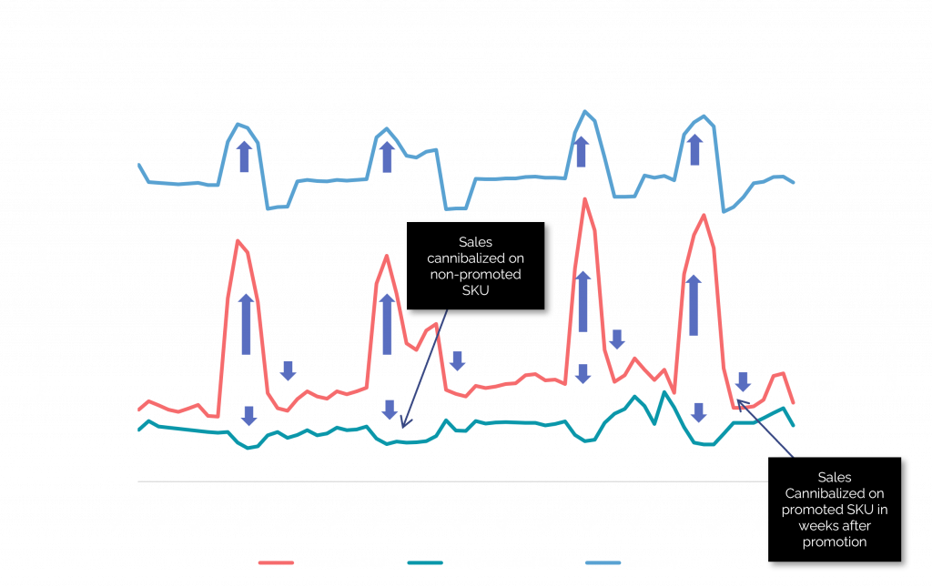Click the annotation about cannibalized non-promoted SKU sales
coord(474,267)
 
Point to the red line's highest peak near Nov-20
coord(583,198)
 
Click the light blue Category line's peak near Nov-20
coord(584,111)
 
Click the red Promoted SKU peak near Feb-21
coord(704,215)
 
